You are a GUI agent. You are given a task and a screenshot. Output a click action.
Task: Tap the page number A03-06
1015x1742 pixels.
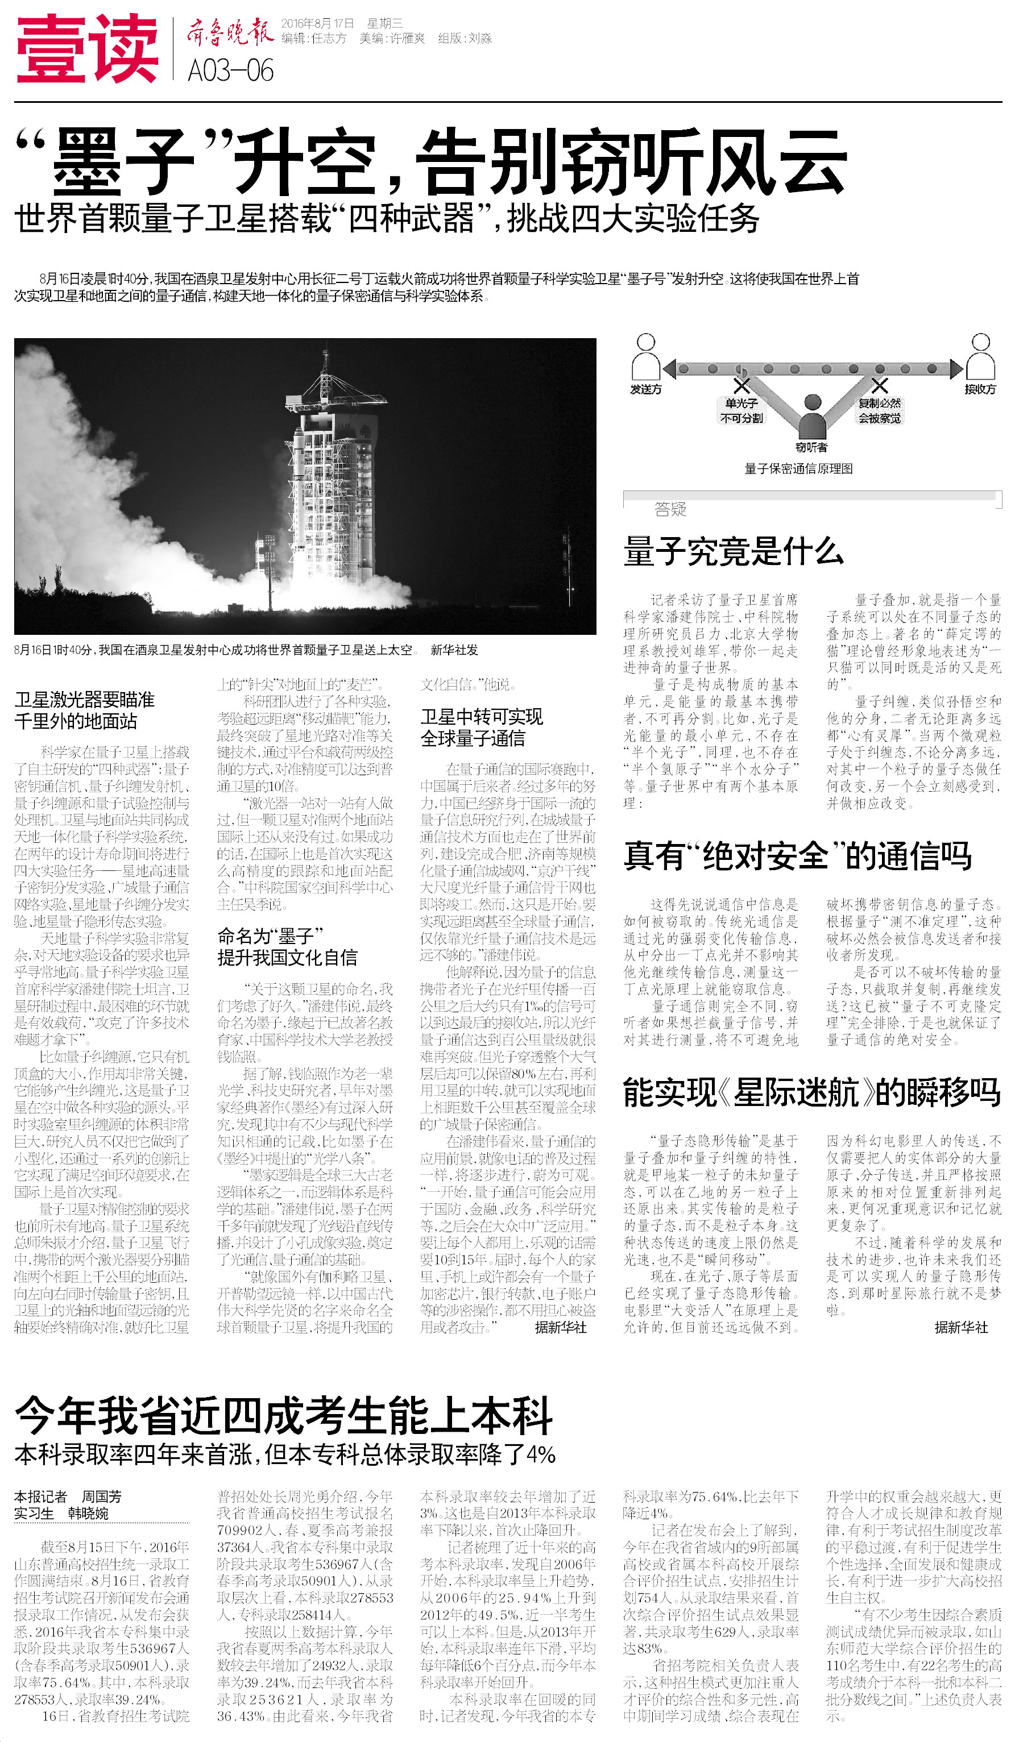[x=230, y=70]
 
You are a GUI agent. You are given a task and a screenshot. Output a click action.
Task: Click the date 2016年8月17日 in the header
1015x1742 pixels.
[x=317, y=23]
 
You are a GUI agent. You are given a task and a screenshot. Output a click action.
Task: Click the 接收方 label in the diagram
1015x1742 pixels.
[x=980, y=390]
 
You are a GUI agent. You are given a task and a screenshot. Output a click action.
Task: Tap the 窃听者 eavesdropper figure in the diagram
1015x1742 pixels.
[x=812, y=419]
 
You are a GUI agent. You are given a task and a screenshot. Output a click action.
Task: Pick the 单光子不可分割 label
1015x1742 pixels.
[x=741, y=410]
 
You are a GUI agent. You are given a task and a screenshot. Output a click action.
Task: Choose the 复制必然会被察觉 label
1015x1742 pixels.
[x=880, y=410]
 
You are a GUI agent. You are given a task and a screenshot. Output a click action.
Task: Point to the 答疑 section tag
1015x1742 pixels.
[x=670, y=509]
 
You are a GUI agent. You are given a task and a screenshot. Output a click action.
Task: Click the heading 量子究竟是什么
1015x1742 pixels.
[x=734, y=551]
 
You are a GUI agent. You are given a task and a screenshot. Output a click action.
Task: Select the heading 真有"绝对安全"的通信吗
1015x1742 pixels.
[x=797, y=856]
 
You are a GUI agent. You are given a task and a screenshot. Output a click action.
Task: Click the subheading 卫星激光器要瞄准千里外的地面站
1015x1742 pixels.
[x=84, y=710]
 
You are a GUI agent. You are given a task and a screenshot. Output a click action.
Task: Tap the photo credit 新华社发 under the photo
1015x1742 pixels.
[x=454, y=650]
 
